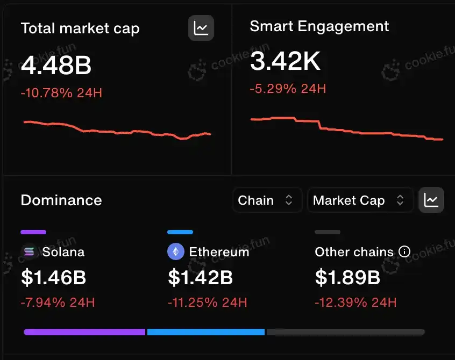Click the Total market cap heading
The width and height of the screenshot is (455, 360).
point(80,28)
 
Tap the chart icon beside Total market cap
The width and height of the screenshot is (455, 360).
point(201,28)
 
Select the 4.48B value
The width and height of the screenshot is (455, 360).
point(56,66)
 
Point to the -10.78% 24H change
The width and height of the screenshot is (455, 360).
point(61,93)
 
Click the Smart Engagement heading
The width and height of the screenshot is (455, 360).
point(319,26)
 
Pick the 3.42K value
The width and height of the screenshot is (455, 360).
point(285,62)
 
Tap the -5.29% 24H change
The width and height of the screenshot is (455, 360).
point(288,88)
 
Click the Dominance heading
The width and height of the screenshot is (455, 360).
point(61,200)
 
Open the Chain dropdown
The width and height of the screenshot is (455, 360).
point(266,200)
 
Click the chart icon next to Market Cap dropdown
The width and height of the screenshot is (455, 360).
point(431,200)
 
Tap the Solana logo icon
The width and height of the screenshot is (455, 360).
point(29,251)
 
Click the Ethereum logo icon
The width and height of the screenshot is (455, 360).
point(176,251)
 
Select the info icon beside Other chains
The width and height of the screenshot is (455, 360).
point(404,251)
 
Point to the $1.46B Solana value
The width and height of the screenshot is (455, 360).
point(53,277)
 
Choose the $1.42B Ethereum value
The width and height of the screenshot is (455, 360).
point(200,277)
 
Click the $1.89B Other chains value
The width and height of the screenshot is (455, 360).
point(347,277)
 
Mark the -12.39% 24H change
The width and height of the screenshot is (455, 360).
point(356,303)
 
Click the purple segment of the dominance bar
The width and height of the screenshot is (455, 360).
point(84,332)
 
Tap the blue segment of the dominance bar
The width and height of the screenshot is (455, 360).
point(205,332)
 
